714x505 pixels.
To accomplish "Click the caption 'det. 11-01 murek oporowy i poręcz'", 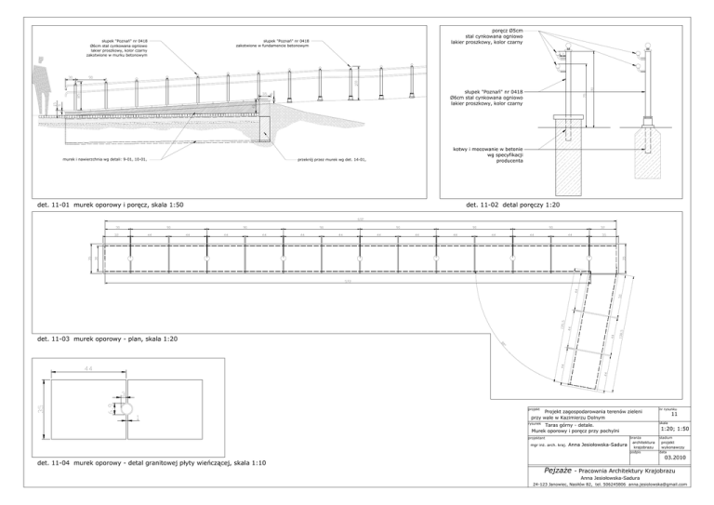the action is (110, 203).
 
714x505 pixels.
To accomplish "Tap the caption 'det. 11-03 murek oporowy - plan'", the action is (103, 340).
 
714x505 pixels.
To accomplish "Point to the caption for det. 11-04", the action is (143, 462).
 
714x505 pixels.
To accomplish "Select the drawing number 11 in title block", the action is (673, 416).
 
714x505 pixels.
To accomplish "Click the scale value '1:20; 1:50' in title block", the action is (674, 428).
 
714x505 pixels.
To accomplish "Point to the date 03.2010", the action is (673, 457).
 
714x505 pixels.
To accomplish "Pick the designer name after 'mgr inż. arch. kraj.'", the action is (593, 445).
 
